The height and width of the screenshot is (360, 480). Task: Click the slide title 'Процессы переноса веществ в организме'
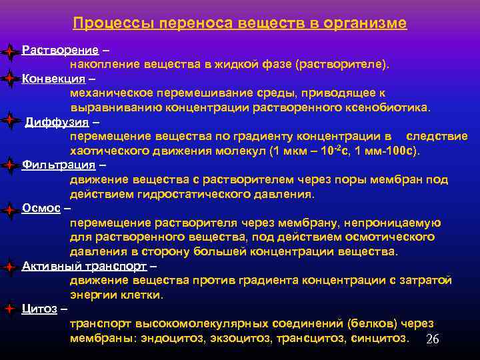click(239, 23)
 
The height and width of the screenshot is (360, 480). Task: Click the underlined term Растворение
click(61, 51)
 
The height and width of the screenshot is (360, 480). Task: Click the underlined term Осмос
click(41, 208)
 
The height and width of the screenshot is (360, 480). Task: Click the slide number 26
click(432, 340)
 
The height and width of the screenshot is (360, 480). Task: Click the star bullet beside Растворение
click(9, 51)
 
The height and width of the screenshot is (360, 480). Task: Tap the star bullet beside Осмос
click(9, 209)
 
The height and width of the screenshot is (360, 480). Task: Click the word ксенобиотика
click(396, 107)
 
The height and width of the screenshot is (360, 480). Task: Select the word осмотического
click(394, 237)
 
